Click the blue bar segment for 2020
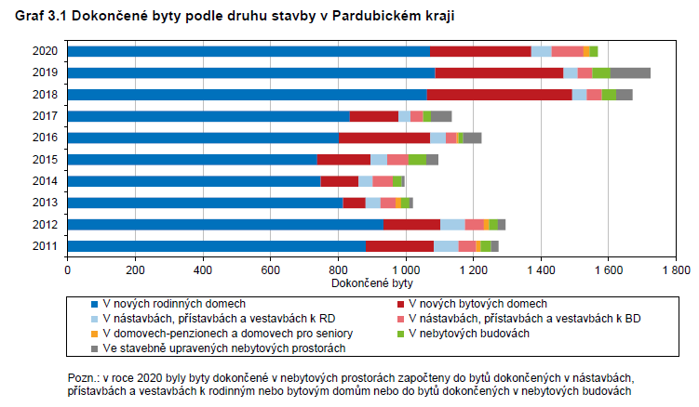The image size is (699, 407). (248, 51)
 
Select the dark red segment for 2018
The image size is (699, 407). (499, 94)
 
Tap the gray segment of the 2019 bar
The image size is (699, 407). (630, 72)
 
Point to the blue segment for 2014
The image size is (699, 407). (194, 181)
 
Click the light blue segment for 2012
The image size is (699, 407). (452, 224)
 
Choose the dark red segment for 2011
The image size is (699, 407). (399, 245)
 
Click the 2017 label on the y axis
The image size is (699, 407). (45, 116)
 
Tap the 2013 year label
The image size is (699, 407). (45, 203)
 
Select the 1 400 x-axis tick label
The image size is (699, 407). (539, 269)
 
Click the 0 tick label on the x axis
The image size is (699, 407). (67, 269)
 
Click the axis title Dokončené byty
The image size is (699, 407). (371, 281)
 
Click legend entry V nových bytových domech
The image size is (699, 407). (477, 304)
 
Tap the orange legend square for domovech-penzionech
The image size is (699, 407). (95, 333)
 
